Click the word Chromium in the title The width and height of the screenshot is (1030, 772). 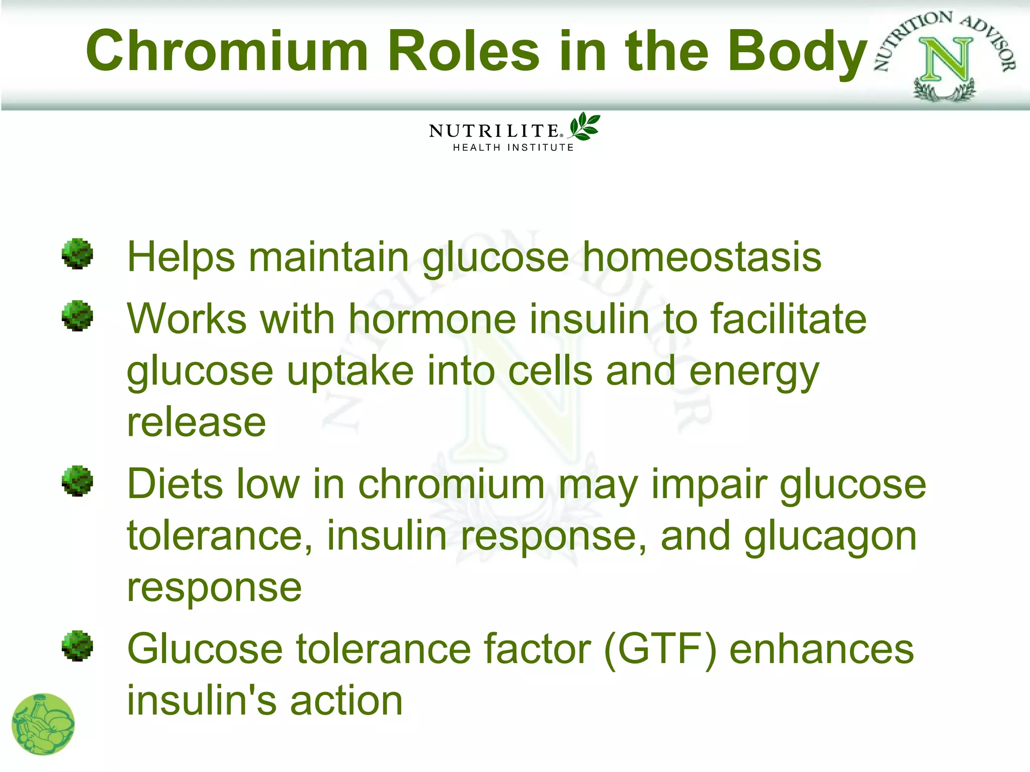pyautogui.click(x=227, y=51)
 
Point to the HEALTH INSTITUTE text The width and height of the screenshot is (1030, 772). pyautogui.click(x=513, y=148)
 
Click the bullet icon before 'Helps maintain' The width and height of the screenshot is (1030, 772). pyautogui.click(x=77, y=254)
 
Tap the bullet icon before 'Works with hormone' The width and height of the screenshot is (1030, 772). pyautogui.click(x=77, y=316)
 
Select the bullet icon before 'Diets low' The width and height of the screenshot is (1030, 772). pyautogui.click(x=77, y=481)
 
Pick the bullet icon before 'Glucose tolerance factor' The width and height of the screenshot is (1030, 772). pyautogui.click(x=77, y=646)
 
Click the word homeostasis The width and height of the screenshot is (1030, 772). pyautogui.click(x=702, y=257)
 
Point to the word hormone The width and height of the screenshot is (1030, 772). pyautogui.click(x=433, y=319)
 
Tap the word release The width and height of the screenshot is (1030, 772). pyautogui.click(x=196, y=423)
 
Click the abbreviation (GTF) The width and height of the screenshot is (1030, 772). pyautogui.click(x=660, y=649)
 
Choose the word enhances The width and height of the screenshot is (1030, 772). pyautogui.click(x=821, y=649)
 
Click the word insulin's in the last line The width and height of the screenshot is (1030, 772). pyautogui.click(x=201, y=701)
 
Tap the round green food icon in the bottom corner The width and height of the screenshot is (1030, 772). pyautogui.click(x=43, y=724)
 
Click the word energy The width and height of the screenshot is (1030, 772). pyautogui.click(x=754, y=372)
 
